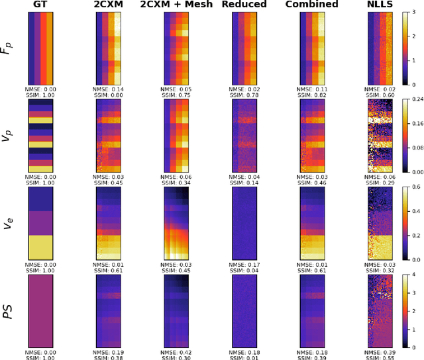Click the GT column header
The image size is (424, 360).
pos(42,5)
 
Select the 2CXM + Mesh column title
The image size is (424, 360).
pos(177,5)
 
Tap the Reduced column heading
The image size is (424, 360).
pos(244,5)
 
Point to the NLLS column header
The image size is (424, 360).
pos(380,5)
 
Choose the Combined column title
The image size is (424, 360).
pos(312,5)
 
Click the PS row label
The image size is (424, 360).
pos(7,312)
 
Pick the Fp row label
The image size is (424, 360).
pos(7,48)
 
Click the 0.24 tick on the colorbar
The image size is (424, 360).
pos(417,99)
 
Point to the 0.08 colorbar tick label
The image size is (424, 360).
pos(417,147)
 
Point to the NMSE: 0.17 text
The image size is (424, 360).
pos(244,264)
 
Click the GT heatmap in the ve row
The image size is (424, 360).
pos(42,223)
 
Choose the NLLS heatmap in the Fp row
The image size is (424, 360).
pos(380,47)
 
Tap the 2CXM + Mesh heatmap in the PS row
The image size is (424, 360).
pos(177,311)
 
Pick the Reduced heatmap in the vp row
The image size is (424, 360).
pos(244,135)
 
